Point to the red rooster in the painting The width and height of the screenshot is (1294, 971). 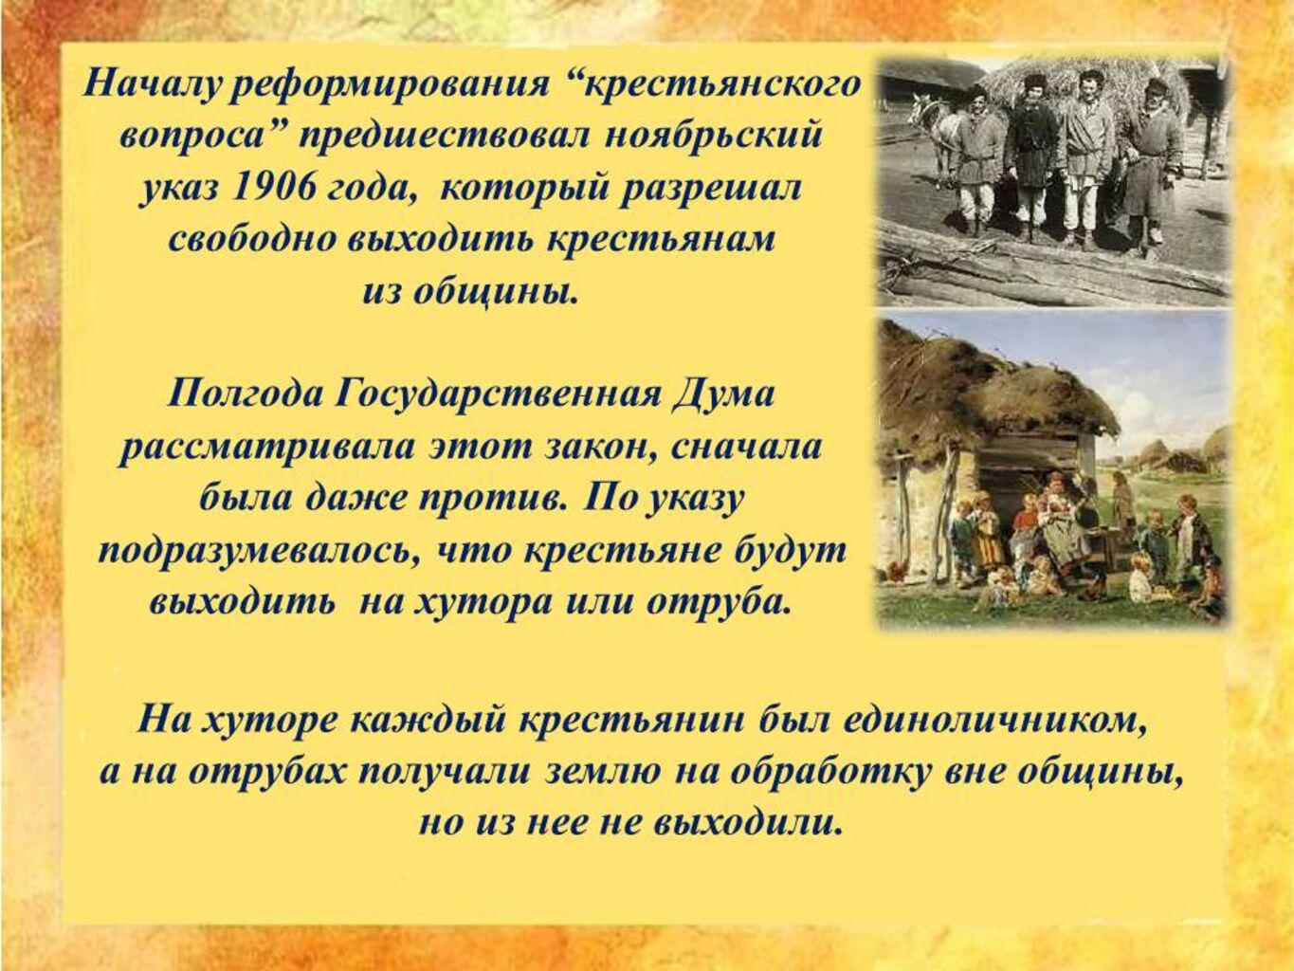coord(896,572)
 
